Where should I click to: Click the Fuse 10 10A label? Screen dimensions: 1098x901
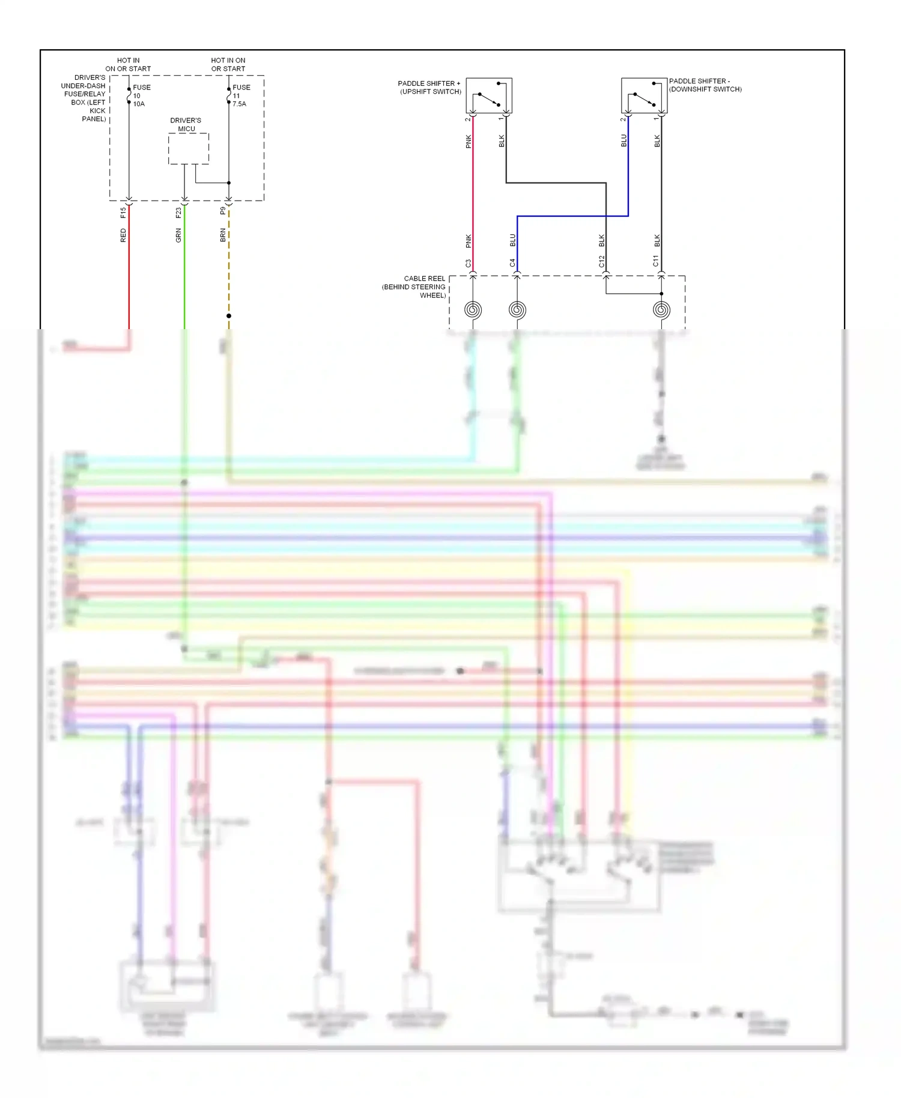[x=141, y=96]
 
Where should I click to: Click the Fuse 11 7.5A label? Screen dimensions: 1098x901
[x=241, y=96]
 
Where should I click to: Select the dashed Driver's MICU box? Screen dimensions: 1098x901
[x=188, y=148]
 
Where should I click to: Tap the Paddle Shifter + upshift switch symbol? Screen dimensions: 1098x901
[x=489, y=96]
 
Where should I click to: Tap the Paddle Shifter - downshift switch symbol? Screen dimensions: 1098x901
[x=644, y=96]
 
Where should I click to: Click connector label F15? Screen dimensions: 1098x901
[x=123, y=212]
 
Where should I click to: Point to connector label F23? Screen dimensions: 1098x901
[x=178, y=213]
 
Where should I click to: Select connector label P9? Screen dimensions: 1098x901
[x=223, y=211]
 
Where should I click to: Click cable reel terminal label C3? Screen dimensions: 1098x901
[x=468, y=263]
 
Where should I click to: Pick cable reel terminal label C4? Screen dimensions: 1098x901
[x=512, y=263]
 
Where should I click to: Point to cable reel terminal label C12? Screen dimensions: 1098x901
[x=601, y=261]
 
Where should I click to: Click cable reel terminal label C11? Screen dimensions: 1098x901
[x=656, y=261]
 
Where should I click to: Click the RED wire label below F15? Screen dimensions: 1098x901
[x=123, y=235]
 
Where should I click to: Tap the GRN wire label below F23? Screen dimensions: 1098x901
[x=178, y=235]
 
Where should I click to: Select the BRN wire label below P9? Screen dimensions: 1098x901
[x=223, y=235]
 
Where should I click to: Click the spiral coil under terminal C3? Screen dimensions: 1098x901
[x=473, y=310]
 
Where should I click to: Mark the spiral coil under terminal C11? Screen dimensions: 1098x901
[x=661, y=310]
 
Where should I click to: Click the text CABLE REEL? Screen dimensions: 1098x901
[x=424, y=279]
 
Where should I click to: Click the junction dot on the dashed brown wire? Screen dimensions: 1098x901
[x=229, y=316]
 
